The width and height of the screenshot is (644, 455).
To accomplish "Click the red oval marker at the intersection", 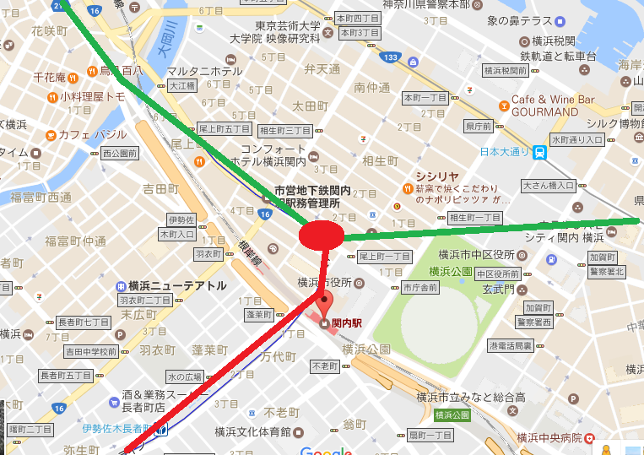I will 321,234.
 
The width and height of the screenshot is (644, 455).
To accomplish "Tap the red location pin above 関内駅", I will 323,303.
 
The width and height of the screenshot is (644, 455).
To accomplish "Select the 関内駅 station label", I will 346,323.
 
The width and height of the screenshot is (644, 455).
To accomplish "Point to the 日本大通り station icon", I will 538,153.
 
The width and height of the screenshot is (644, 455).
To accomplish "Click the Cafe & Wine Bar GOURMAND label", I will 553,106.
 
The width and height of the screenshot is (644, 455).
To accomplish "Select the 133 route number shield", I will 389,57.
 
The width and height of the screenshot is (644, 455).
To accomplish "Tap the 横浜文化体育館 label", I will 252,431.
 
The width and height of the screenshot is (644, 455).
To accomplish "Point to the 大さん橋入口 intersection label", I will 548,185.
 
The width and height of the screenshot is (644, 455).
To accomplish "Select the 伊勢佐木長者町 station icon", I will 161,428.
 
